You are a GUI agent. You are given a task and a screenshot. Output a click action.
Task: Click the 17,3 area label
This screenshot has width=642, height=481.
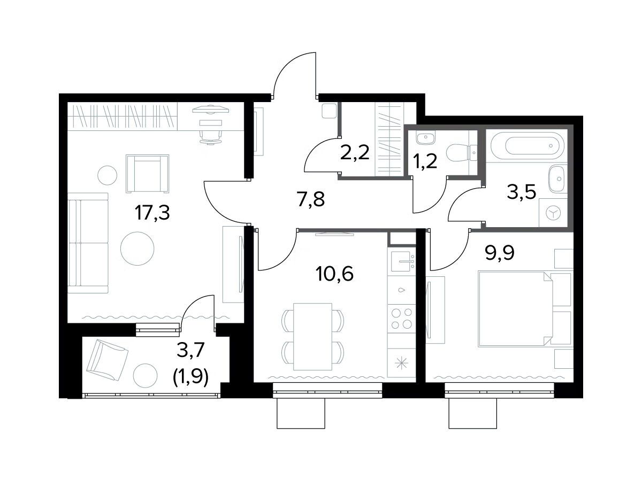[x=152, y=213]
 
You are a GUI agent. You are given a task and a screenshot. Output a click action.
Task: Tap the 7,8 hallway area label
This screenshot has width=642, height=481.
[x=311, y=199]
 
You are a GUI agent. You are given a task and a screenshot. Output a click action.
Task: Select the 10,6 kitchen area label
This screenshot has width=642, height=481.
[x=334, y=274]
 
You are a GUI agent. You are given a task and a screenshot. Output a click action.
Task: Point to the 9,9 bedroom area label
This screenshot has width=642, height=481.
[x=500, y=253]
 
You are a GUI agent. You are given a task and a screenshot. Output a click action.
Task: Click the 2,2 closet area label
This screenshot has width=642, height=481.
[x=355, y=152]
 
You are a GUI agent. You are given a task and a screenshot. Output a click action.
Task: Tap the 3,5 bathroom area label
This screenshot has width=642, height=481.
[x=522, y=191]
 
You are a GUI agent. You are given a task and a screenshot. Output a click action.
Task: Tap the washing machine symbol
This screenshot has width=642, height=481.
[x=553, y=213]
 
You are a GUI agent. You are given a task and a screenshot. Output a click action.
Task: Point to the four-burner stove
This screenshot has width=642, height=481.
[x=402, y=319]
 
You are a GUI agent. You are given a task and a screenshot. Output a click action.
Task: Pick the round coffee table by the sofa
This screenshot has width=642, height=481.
[x=137, y=249]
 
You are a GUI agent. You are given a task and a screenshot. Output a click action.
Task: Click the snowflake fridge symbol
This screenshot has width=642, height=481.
[x=402, y=363]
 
